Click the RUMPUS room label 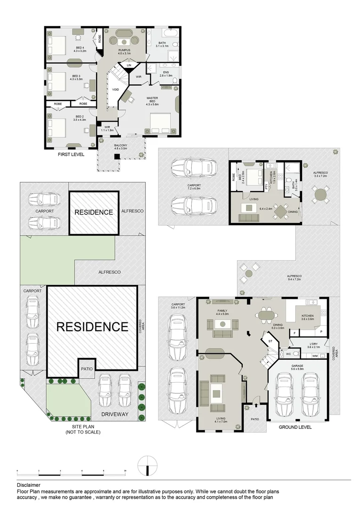[x=124, y=51]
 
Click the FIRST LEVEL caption [x=71, y=154]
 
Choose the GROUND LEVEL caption [x=295, y=427]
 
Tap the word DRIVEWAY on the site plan [x=114, y=414]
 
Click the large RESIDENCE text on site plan [x=92, y=327]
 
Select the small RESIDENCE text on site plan [x=93, y=212]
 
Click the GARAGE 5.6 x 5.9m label [x=297, y=368]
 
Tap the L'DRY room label [x=312, y=345]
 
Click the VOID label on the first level [x=115, y=90]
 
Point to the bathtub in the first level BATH [x=168, y=34]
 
